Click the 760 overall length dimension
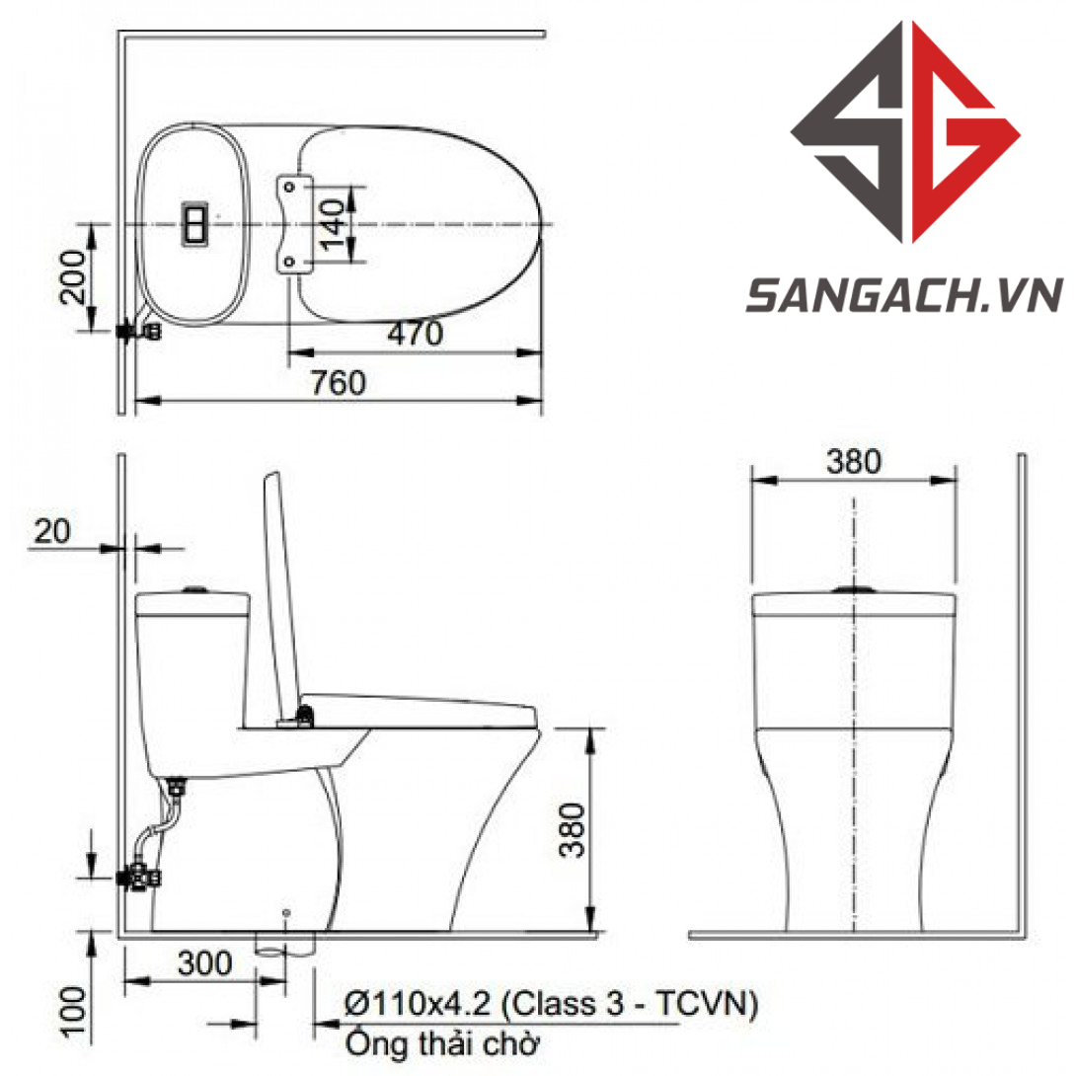pyautogui.click(x=339, y=382)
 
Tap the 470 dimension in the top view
pyautogui.click(x=416, y=335)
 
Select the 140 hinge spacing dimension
pyautogui.click(x=333, y=224)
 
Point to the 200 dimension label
pyautogui.click(x=73, y=276)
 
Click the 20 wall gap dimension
pyautogui.click(x=52, y=531)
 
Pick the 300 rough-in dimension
pyautogui.click(x=204, y=963)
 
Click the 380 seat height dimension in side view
pyautogui.click(x=572, y=830)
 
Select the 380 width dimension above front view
pyautogui.click(x=854, y=461)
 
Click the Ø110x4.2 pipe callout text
pyautogui.click(x=551, y=1004)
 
